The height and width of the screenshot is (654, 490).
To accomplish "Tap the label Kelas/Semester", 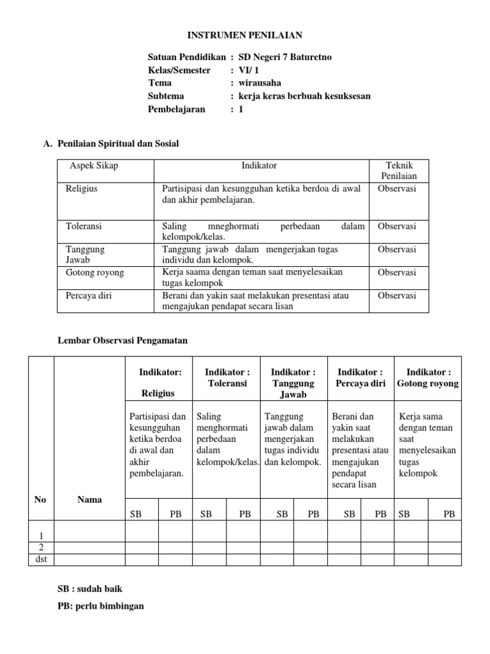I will point(179,70).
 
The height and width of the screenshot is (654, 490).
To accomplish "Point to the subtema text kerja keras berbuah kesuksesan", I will point(304,96).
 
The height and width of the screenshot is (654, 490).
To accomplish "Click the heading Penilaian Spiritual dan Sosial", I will point(118,144).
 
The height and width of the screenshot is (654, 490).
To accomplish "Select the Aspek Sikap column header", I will point(94,165).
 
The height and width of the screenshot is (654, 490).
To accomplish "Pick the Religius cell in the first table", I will point(82,189).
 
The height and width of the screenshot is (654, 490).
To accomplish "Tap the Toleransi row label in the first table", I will point(84,226).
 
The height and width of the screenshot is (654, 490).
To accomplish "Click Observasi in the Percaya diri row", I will point(397,296).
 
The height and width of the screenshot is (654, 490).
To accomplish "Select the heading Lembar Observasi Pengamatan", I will point(122,341).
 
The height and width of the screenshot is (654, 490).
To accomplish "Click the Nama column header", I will point(89,499).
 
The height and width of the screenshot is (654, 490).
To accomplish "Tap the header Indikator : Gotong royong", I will point(427,377).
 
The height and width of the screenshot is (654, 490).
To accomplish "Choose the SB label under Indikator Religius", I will point(136,513).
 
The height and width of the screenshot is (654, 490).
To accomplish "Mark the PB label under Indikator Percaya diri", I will point(380,513).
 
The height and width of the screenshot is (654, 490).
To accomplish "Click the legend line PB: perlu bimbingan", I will point(100,605).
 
